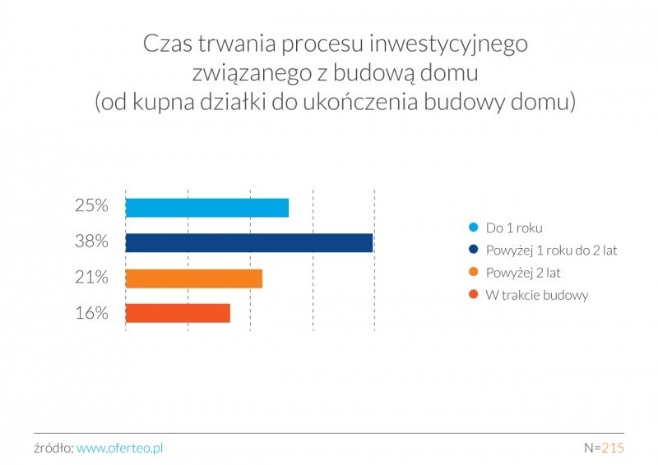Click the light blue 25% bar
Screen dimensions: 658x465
point(207,208)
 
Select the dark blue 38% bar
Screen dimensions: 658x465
point(249,243)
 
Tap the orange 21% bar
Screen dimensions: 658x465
point(194,279)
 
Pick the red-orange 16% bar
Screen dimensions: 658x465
point(178,313)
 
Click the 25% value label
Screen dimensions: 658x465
point(91,206)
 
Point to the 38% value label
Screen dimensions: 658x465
point(91,242)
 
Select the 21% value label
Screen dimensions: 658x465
point(91,277)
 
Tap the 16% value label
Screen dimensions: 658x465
point(91,313)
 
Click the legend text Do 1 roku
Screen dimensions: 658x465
point(514,228)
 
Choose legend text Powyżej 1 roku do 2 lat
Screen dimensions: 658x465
point(551,251)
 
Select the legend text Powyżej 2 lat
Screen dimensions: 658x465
point(523,273)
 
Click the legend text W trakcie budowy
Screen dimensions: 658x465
point(537,295)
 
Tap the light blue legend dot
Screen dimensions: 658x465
point(474,228)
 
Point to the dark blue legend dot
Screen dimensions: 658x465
point(474,250)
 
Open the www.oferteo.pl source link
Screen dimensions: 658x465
point(120,449)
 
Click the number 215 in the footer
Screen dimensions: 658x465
point(613,448)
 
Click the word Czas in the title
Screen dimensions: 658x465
point(168,44)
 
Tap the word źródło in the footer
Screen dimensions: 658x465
point(53,448)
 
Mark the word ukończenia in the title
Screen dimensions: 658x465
point(359,102)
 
